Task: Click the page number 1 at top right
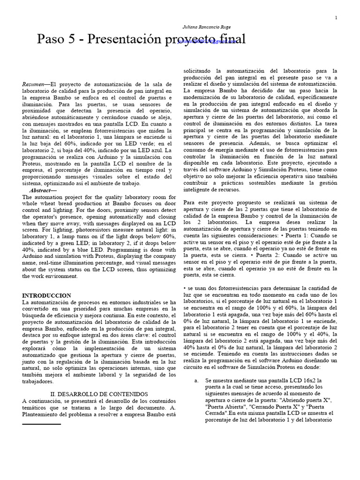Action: (337, 18)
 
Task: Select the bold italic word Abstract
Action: (43, 190)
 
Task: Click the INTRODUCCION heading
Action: (47, 296)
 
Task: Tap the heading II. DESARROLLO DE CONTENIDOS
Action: (99, 394)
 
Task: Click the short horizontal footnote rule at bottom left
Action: (42, 424)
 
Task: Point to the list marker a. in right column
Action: (196, 380)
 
